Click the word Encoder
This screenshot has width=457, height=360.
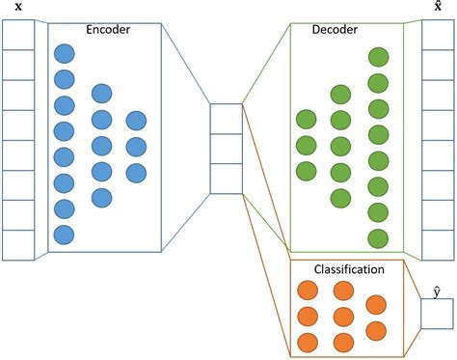(x=107, y=30)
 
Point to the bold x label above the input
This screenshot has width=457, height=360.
(x=18, y=8)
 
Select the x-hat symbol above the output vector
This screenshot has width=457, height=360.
(x=438, y=7)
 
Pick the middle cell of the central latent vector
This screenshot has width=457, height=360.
(x=226, y=149)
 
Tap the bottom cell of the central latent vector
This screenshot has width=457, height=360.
(x=226, y=179)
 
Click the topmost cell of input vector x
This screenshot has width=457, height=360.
(x=18, y=36)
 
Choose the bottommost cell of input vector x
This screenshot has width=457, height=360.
(x=18, y=245)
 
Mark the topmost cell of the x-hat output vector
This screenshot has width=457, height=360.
(x=438, y=36)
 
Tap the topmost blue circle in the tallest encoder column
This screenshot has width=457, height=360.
(x=65, y=54)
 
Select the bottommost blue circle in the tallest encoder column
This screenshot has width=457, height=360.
(x=65, y=234)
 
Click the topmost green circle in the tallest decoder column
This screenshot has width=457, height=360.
(x=378, y=56)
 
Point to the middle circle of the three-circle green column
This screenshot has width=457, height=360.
(x=307, y=146)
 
